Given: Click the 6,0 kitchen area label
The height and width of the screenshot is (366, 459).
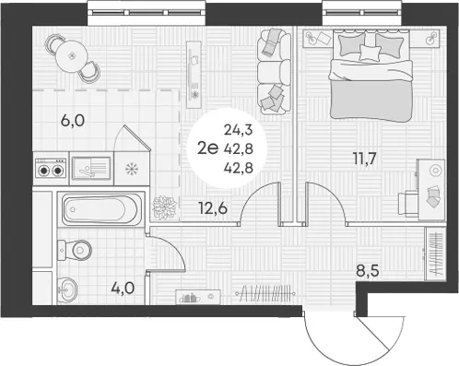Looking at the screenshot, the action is pyautogui.click(x=73, y=121).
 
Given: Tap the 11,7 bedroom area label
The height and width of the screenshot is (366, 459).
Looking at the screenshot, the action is pyautogui.click(x=364, y=159).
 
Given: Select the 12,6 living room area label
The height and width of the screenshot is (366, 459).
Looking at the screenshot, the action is pyautogui.click(x=213, y=208).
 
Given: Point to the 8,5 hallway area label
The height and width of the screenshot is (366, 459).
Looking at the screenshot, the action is pyautogui.click(x=367, y=271).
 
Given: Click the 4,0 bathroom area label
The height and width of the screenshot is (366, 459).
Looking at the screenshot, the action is pyautogui.click(x=123, y=289).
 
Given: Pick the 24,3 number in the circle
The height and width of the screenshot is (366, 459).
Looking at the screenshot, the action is pyautogui.click(x=239, y=130).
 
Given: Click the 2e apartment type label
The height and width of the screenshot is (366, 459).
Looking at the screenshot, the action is pyautogui.click(x=207, y=148).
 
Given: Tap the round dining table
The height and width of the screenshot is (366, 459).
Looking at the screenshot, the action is pyautogui.click(x=72, y=56).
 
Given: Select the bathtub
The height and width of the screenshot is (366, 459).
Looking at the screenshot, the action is pyautogui.click(x=100, y=209).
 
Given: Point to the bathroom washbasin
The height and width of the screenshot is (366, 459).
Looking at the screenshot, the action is pyautogui.click(x=67, y=289).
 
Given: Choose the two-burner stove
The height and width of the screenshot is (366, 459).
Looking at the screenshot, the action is pyautogui.click(x=51, y=168).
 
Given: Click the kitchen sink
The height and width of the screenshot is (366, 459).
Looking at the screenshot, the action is pyautogui.click(x=91, y=169).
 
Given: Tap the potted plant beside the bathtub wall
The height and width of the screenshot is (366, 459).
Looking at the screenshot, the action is pyautogui.click(x=165, y=208).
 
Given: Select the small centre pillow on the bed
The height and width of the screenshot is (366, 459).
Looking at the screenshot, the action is pyautogui.click(x=370, y=53).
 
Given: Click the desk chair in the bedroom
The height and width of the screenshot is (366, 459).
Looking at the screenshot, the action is pyautogui.click(x=408, y=203).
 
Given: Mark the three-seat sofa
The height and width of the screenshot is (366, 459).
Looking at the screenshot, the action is pyautogui.click(x=274, y=72).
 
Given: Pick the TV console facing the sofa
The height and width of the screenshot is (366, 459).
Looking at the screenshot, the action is pyautogui.click(x=194, y=75).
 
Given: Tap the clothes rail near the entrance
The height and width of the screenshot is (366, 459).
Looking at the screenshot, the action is pyautogui.click(x=265, y=294).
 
